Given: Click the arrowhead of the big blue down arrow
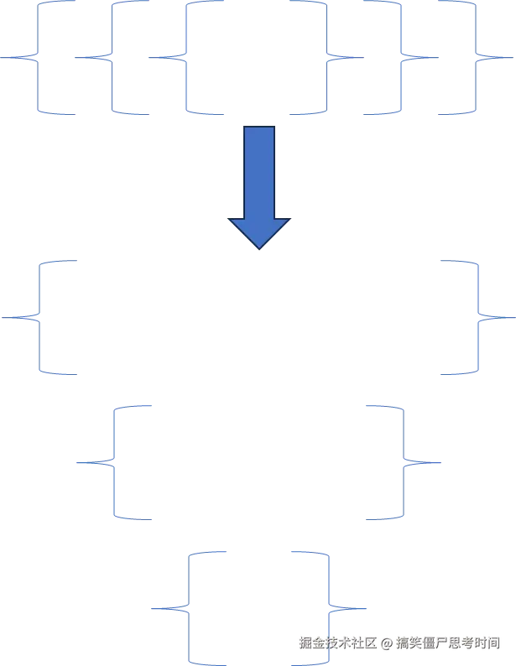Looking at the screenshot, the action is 259,230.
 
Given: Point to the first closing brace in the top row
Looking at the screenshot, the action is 326,58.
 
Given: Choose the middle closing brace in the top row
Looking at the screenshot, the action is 400,58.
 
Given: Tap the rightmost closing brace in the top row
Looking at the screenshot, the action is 475,58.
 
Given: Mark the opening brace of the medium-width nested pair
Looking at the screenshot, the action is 112,462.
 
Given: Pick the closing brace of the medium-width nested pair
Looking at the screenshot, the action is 405,462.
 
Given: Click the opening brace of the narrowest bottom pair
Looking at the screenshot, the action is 190,607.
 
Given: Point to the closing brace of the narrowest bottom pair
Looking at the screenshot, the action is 331,607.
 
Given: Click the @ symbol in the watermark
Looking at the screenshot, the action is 386,643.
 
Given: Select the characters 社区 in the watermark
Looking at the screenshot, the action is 362,643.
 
